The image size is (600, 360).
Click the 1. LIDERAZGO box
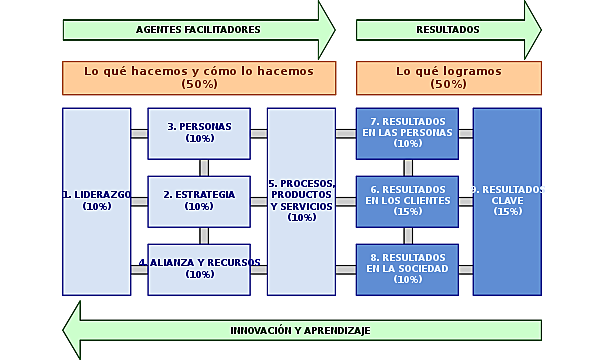pos(97,200)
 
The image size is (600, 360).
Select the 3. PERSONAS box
pos(199,132)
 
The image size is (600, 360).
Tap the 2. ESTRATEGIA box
pos(199,200)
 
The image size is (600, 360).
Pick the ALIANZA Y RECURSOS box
pos(199,268)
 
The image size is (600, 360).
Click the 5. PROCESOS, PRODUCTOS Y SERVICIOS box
pos(301,200)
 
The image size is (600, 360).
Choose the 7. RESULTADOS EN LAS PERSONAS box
pos(407,132)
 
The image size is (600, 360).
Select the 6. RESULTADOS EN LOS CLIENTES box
pos(407,200)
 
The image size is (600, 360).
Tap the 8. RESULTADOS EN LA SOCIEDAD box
pos(407,268)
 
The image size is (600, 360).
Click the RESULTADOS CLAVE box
pos(507,200)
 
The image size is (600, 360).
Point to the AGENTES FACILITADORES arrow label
pos(198,29)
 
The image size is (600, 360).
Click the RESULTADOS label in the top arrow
pos(447,29)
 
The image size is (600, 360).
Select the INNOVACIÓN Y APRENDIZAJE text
pos(300,330)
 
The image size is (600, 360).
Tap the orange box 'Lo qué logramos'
pos(446,77)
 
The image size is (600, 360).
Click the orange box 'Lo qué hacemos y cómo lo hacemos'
pos(198,77)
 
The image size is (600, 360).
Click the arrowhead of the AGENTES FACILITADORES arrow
pos(326,29)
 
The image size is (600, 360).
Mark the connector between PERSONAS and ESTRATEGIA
pos(204,167)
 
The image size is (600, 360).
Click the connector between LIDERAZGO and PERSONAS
pos(139,133)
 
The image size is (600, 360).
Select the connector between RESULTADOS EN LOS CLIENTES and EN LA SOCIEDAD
pos(408,235)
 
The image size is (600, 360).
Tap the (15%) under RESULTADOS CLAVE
pos(507,211)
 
